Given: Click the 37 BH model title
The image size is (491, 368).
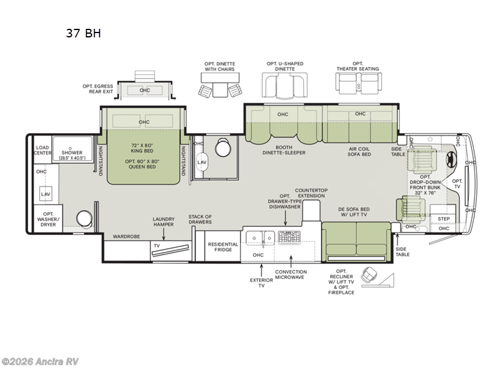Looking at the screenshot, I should [83, 34].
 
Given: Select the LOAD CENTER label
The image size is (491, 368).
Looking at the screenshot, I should [42, 151].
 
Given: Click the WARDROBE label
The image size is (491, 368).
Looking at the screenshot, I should [125, 236].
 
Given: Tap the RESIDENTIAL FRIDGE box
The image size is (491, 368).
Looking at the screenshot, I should [223, 247].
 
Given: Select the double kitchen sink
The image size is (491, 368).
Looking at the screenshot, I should [261, 236].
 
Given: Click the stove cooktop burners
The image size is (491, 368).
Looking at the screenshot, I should [288, 236].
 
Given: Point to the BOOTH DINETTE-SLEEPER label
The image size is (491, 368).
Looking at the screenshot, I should [284, 150].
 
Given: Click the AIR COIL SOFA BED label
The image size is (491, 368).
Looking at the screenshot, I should [360, 151].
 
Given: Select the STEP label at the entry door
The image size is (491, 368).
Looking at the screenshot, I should [444, 219].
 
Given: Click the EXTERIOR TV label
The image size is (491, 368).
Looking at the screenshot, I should [261, 282].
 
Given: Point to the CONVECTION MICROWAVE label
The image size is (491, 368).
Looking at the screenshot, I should [291, 275].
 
